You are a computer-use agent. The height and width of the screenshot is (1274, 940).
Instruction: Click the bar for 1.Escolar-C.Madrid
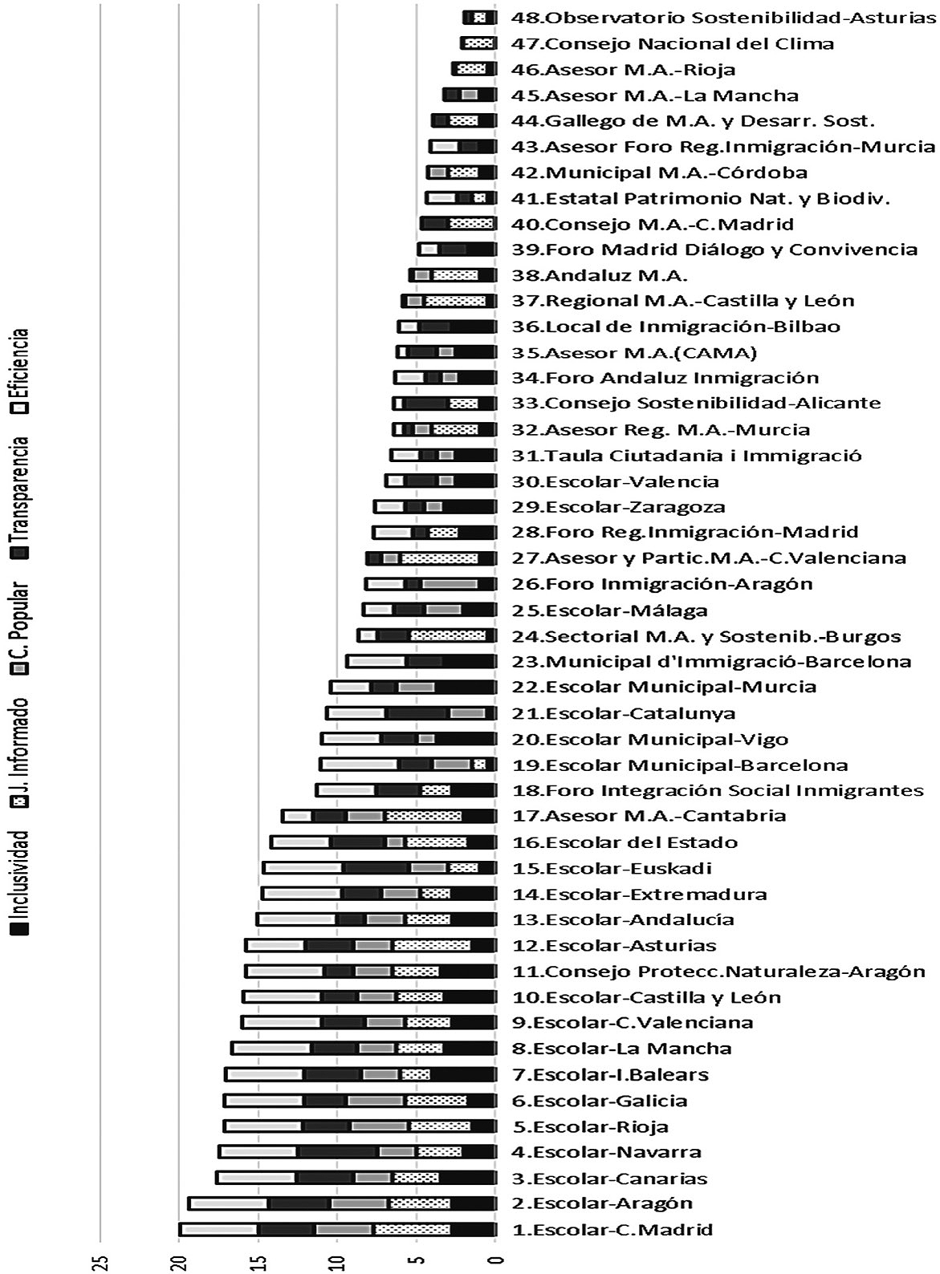[x=337, y=1229]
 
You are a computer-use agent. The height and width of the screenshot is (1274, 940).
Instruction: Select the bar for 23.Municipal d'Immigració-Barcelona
[x=421, y=662]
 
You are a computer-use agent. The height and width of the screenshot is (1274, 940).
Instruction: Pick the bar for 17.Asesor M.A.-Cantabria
[x=389, y=816]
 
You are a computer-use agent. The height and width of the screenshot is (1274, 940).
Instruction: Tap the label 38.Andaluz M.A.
[x=600, y=275]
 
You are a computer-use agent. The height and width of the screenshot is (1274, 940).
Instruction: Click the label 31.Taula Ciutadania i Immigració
[x=687, y=456]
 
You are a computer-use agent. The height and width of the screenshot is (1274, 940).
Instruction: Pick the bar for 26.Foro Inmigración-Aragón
[x=430, y=584]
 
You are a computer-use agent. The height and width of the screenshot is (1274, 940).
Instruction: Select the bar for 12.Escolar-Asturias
[x=370, y=945]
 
